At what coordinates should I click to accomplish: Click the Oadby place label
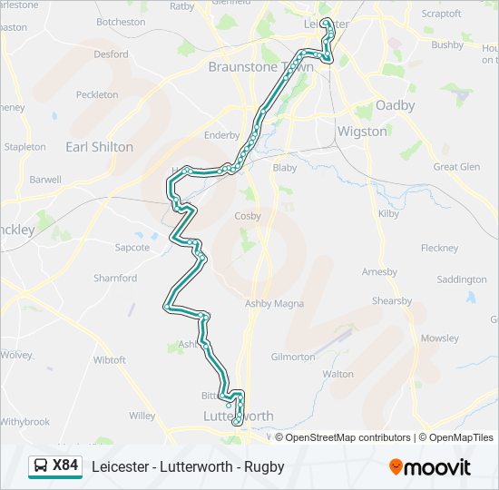click(x=395, y=105)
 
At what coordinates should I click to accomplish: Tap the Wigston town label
click(x=361, y=131)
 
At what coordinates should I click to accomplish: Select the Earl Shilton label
click(x=99, y=146)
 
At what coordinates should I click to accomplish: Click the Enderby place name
click(x=221, y=135)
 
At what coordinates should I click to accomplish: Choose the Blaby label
click(x=285, y=168)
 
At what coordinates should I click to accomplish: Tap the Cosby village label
click(x=248, y=216)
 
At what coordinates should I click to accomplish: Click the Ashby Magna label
click(x=275, y=304)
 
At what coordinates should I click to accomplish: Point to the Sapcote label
click(x=132, y=247)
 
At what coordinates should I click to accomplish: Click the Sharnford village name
click(x=115, y=279)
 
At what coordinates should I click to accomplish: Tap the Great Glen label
click(x=456, y=167)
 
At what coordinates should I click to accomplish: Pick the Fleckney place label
click(x=440, y=248)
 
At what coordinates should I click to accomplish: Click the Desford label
click(x=111, y=54)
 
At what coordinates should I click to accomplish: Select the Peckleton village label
click(x=97, y=94)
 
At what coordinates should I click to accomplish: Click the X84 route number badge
click(x=65, y=466)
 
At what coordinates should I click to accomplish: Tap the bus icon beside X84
click(x=41, y=466)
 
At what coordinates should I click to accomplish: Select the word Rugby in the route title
click(x=264, y=467)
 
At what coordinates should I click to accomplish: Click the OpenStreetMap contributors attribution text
click(x=342, y=437)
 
